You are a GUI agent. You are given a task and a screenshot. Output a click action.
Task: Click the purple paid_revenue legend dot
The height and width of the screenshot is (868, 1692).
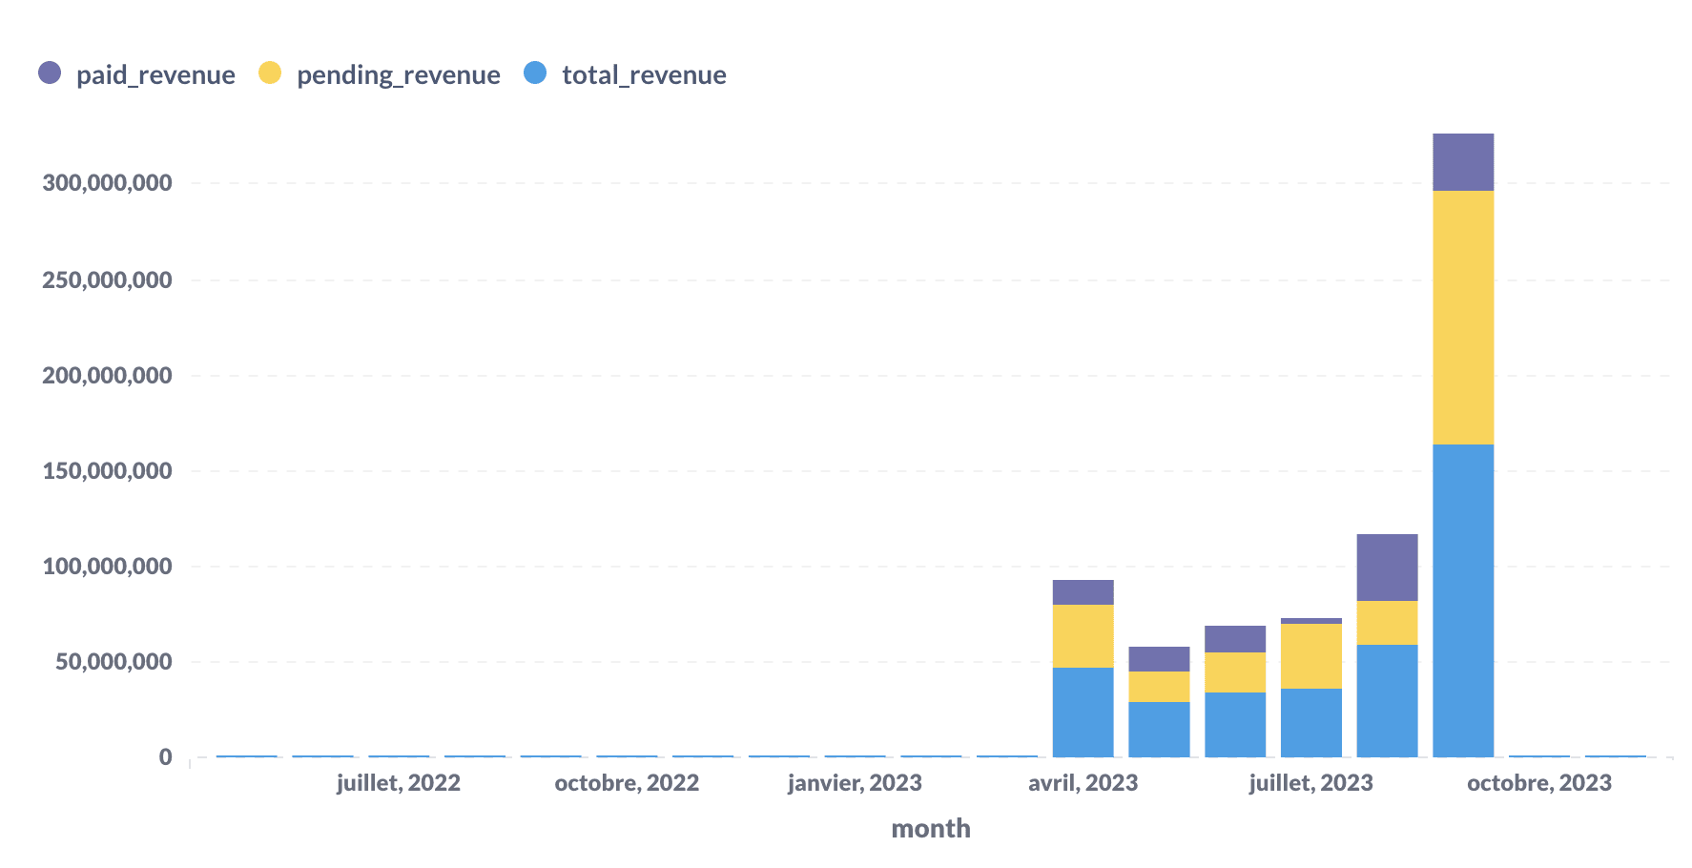[50, 72]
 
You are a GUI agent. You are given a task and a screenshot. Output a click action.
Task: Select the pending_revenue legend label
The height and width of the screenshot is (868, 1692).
[398, 75]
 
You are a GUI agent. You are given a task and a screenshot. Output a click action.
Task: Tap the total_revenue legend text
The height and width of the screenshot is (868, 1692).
[644, 75]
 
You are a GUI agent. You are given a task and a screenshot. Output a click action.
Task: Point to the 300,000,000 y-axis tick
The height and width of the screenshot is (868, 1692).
[107, 183]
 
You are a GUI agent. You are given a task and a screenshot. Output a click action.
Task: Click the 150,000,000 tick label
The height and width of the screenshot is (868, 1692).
[107, 471]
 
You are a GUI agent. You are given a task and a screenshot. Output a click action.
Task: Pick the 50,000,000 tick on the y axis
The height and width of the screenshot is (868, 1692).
[113, 662]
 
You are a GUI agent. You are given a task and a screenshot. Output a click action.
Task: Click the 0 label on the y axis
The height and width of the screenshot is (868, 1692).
[166, 757]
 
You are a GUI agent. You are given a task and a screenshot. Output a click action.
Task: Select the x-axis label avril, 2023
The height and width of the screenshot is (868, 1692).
[1083, 783]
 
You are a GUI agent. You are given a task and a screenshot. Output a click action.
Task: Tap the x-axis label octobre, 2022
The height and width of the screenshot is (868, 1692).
[627, 783]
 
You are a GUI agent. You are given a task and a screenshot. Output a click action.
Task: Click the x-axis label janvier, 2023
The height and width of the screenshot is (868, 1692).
[855, 783]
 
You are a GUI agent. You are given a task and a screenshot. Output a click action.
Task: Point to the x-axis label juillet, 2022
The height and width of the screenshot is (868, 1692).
[399, 783]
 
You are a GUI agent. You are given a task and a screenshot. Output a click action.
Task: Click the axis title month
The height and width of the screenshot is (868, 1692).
[931, 828]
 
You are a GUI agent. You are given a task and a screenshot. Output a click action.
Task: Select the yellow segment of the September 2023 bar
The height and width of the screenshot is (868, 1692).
[1463, 318]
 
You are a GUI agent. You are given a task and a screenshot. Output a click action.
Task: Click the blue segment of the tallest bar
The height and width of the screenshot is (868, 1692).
[1463, 601]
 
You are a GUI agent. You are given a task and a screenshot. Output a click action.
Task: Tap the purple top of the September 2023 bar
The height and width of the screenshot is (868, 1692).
[1463, 162]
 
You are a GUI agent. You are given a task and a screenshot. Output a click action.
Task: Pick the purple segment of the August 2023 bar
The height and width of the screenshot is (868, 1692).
[1387, 568]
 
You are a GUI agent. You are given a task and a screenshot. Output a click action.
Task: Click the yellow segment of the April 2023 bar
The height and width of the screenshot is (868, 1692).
[1083, 636]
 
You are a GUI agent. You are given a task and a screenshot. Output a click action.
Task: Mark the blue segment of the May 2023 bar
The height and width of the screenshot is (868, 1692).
[1159, 730]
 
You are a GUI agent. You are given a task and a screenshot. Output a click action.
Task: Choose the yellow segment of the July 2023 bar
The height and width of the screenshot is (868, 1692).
[1310, 656]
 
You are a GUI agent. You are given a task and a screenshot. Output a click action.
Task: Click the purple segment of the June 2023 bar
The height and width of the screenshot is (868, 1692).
[1235, 639]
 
